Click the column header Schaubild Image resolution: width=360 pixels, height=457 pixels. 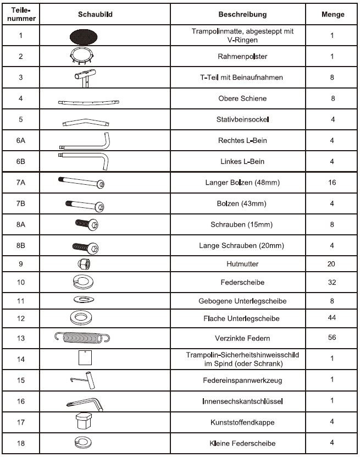(x=87, y=14)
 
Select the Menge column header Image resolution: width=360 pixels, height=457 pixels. (x=333, y=14)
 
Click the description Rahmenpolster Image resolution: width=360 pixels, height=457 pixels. (x=242, y=56)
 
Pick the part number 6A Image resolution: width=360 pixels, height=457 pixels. (x=21, y=141)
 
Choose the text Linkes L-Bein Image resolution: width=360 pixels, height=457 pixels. (x=242, y=161)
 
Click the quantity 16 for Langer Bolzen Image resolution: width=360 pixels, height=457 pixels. (x=331, y=183)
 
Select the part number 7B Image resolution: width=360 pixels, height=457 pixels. (x=21, y=203)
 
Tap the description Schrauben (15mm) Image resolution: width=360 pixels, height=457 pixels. (x=242, y=224)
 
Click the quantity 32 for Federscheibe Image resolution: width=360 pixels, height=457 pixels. (x=331, y=283)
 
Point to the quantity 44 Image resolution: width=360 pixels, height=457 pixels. (x=331, y=318)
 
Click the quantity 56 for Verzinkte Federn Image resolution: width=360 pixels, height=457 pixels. (x=331, y=337)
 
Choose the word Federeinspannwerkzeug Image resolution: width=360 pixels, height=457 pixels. (x=242, y=380)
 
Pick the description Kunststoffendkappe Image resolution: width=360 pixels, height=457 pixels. (x=242, y=422)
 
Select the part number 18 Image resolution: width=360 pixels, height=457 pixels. (x=21, y=443)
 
